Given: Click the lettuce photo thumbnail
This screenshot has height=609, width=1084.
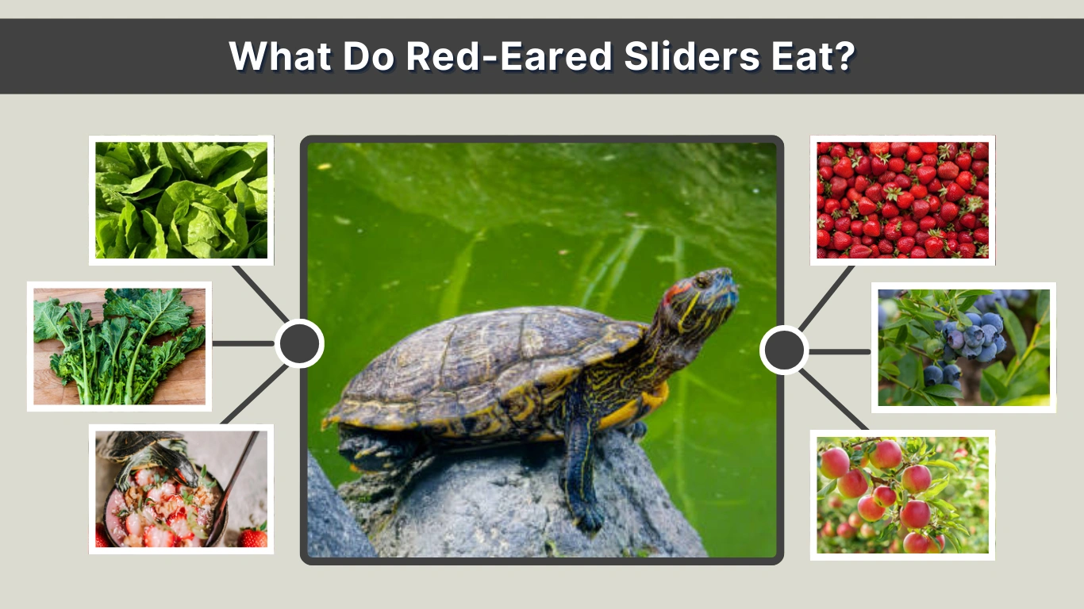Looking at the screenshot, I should (181, 200).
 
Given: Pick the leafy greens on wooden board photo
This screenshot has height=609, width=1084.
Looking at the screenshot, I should (119, 347).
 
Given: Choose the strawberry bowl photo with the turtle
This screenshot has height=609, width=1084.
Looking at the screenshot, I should (181, 488).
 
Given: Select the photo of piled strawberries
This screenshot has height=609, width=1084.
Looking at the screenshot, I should (902, 200).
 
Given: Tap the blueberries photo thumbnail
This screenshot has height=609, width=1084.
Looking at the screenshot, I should (963, 347).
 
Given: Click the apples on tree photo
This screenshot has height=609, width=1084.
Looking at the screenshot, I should (902, 495).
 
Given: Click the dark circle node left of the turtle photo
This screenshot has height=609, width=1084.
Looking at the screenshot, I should (299, 343).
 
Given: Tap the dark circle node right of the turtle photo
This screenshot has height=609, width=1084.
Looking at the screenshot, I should (784, 350).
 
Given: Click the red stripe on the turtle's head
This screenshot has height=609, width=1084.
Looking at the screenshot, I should (675, 290).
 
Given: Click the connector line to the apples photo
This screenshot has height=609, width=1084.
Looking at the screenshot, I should (833, 400).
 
